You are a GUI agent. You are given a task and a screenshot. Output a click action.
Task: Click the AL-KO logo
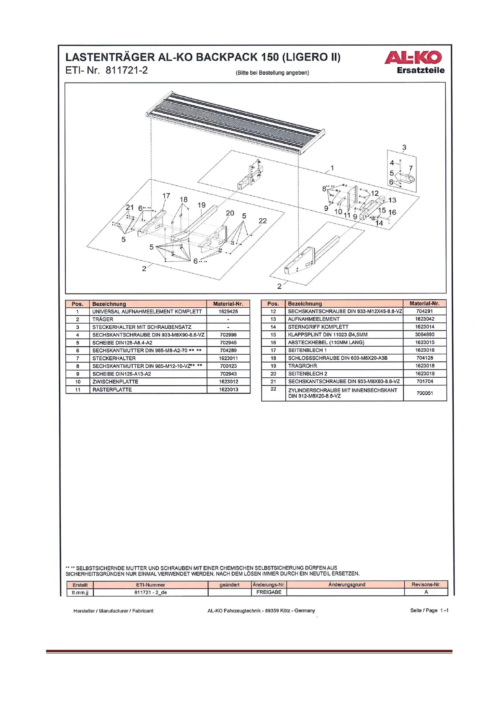(413, 57)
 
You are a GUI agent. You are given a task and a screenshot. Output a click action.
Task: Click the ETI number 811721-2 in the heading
(126, 70)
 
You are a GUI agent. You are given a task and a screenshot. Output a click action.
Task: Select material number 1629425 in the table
(228, 311)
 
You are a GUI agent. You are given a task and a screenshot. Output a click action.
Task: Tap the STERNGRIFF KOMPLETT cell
(318, 327)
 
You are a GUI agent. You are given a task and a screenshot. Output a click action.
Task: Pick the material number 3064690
(424, 335)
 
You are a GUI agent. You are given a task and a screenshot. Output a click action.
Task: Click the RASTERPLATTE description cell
(112, 389)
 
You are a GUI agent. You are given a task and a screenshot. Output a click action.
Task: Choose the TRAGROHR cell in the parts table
(302, 366)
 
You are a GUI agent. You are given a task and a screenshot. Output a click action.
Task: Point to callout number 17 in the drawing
(166, 196)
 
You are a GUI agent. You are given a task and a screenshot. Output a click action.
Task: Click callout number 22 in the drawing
(263, 221)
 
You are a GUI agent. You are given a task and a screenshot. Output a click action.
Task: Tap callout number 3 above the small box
(404, 148)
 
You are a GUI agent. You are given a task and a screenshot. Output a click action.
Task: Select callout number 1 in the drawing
(332, 168)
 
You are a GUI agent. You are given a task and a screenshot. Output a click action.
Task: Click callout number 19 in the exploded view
(202, 205)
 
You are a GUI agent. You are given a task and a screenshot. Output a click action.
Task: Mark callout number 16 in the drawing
(392, 213)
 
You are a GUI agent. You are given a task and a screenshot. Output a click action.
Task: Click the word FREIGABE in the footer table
(269, 592)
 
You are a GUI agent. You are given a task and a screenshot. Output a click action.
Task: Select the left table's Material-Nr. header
(228, 304)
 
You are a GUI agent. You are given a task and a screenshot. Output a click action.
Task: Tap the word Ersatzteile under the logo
(421, 70)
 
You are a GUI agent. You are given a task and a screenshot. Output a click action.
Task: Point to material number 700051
(424, 393)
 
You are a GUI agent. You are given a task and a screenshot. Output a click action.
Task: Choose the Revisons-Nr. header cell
(426, 584)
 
